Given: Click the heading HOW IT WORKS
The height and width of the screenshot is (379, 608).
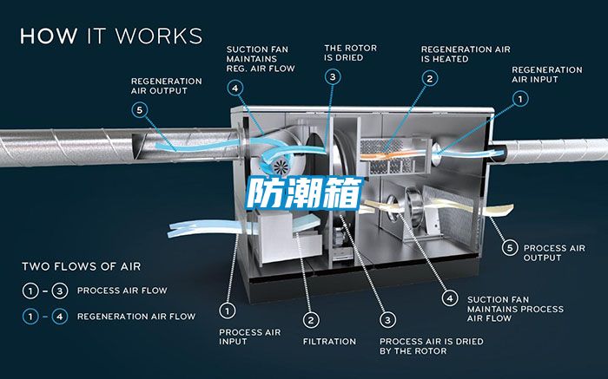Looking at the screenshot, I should (x=111, y=36).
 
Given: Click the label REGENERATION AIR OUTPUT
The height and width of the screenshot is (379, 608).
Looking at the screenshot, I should (x=167, y=86).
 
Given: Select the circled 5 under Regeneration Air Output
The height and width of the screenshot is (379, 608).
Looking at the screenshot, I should (x=140, y=110).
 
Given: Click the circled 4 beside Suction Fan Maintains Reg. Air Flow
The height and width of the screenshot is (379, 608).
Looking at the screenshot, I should (x=235, y=87).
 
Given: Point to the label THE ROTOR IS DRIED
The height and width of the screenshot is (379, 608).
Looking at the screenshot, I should (x=350, y=53).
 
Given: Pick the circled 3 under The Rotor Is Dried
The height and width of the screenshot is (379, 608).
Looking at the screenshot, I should (x=334, y=77).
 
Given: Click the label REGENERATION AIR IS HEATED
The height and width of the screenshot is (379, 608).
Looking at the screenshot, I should (x=465, y=54).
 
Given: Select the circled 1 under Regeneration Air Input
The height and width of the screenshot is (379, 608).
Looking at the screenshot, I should (x=519, y=100).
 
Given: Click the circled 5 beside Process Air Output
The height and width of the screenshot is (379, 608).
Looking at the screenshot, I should (x=512, y=247).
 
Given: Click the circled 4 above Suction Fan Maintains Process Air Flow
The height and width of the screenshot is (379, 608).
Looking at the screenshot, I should (x=449, y=297).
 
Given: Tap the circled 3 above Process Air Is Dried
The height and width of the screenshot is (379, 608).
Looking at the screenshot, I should (x=388, y=318).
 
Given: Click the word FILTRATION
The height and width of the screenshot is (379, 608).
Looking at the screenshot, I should (x=329, y=342).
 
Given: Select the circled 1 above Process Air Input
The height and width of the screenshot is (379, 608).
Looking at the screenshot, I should (x=228, y=309).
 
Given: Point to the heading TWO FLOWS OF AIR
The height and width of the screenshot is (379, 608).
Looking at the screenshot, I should (x=81, y=266).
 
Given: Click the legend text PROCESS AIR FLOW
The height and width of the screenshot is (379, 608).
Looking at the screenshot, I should (x=122, y=291).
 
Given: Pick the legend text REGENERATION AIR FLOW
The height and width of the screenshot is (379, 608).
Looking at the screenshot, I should (x=136, y=317).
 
